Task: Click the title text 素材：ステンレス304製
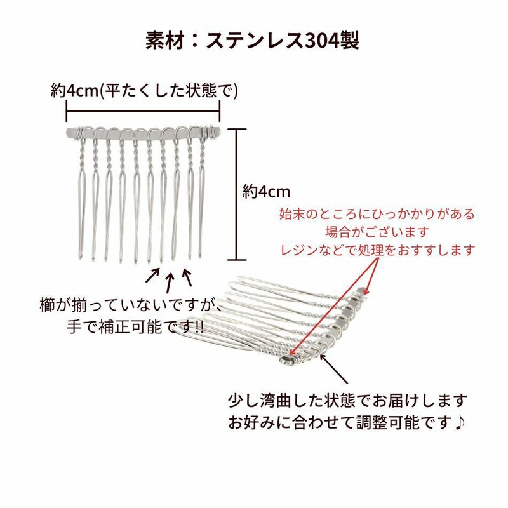tap(253, 41)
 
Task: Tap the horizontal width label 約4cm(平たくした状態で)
tap(145, 90)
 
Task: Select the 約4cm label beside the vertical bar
tap(266, 191)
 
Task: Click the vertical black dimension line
tap(236, 194)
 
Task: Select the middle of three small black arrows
tap(170, 280)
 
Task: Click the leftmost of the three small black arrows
tap(152, 276)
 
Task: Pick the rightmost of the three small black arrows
tap(187, 276)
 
